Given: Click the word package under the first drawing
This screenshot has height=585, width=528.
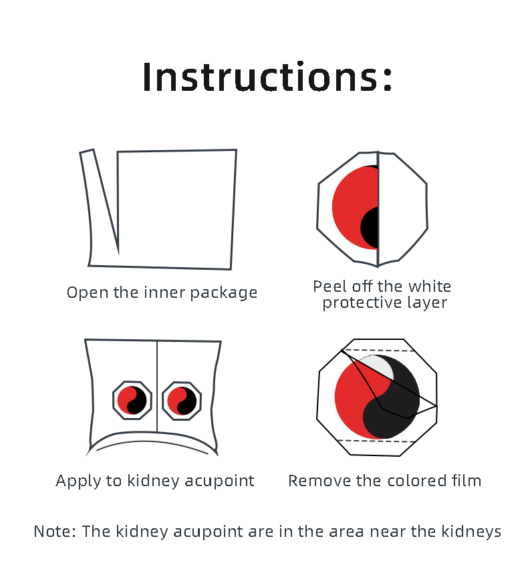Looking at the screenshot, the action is point(224,293).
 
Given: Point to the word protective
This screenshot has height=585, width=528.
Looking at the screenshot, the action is point(362,303).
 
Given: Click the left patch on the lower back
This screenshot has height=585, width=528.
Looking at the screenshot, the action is point(132,400).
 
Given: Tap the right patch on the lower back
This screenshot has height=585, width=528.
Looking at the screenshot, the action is point(182,401).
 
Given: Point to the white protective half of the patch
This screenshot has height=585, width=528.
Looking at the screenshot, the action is point(403,209).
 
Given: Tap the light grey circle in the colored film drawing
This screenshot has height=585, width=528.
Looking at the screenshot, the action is point(377,367).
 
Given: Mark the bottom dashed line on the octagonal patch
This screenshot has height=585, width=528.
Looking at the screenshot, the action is point(376,441).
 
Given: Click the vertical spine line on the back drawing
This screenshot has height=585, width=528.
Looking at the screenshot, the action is point(157,387).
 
